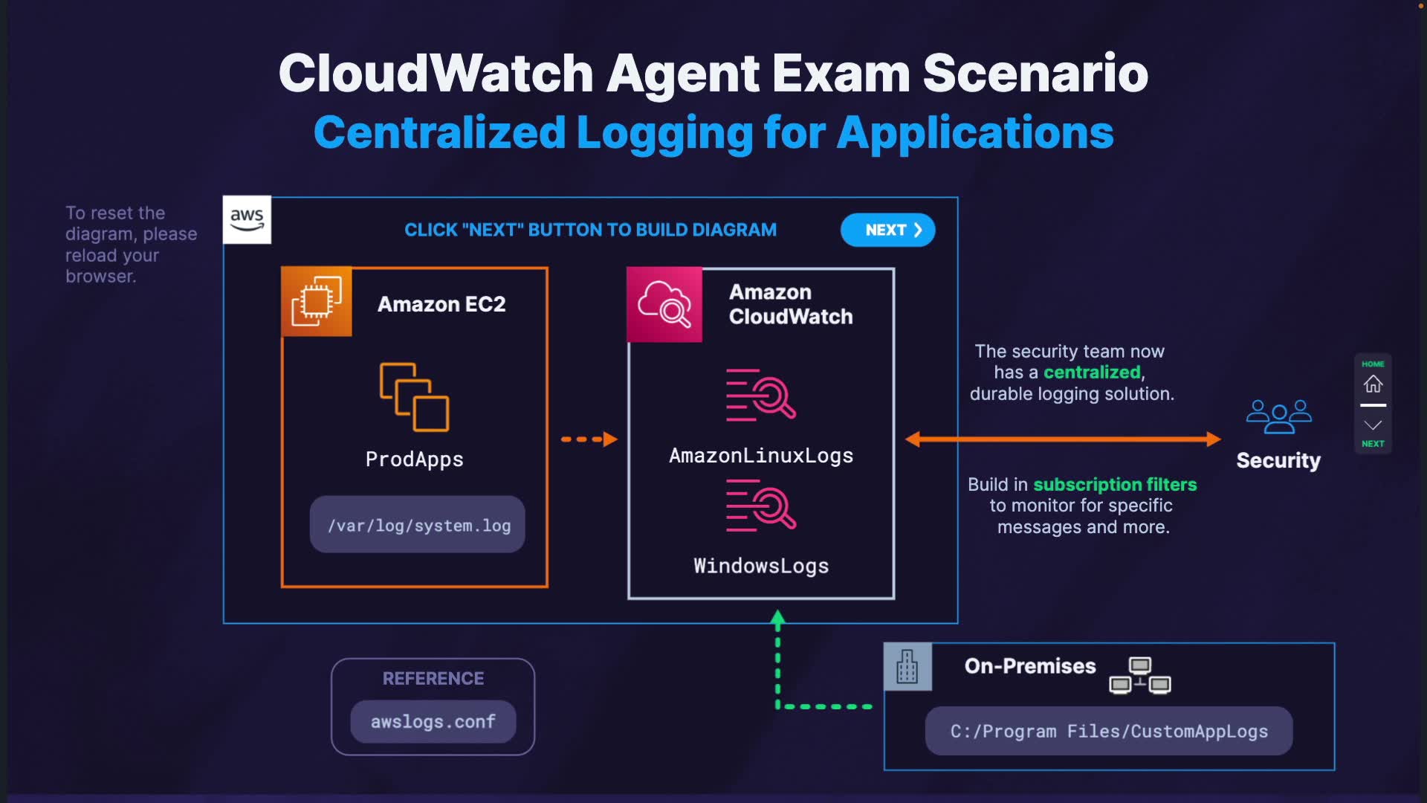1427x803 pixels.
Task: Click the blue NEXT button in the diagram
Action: [887, 230]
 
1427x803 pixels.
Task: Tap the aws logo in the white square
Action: [247, 220]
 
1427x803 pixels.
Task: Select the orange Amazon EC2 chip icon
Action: [317, 301]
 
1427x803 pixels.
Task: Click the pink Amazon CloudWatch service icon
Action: [664, 304]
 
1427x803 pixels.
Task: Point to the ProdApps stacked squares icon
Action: [414, 397]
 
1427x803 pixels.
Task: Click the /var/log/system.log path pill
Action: [418, 525]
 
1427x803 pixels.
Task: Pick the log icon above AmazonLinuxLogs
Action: [760, 395]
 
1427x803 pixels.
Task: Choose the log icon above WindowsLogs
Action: [760, 506]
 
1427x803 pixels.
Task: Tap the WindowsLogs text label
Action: [760, 566]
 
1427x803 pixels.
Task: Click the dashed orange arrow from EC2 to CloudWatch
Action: [589, 439]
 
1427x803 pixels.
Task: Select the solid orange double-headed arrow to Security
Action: [1063, 439]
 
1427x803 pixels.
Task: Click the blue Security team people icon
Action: [1278, 416]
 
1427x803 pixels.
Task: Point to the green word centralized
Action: [1091, 373]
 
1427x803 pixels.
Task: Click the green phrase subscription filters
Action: [1115, 485]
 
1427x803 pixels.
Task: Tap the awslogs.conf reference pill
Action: [433, 721]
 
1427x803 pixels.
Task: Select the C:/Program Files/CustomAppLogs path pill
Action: [1108, 731]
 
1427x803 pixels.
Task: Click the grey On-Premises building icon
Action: [907, 666]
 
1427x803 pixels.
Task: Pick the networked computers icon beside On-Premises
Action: [1139, 675]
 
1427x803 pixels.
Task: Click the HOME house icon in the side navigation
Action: [1373, 384]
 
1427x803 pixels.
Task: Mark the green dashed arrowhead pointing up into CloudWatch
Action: [778, 618]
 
